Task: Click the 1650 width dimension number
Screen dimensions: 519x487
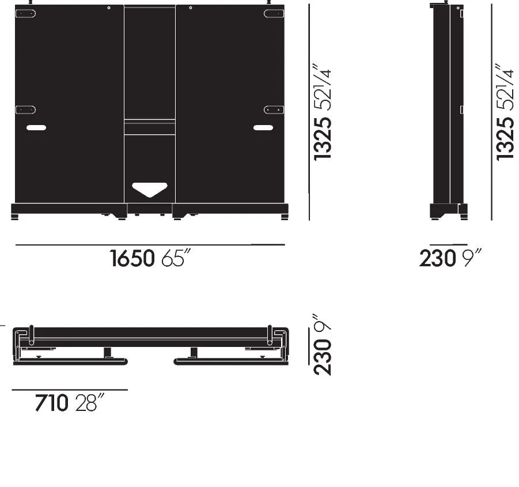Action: [132, 258]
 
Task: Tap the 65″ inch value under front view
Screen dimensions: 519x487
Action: [176, 258]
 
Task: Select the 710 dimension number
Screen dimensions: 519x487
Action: [51, 403]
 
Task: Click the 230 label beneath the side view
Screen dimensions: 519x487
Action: [437, 258]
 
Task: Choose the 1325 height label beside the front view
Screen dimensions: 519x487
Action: [323, 139]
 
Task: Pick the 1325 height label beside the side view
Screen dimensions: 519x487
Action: [505, 139]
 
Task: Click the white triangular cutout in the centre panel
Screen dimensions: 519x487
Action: [150, 189]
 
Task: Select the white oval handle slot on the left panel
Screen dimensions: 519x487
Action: [36, 128]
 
